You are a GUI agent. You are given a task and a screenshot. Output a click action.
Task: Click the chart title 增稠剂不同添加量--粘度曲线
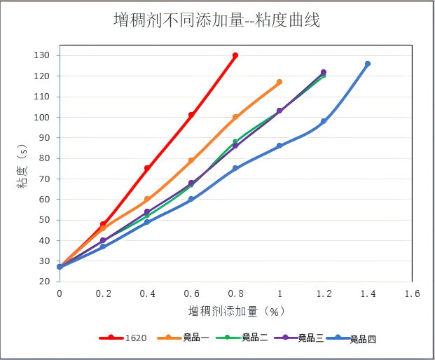tap(216, 20)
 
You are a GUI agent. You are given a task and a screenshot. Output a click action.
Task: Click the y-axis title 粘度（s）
tap(22, 169)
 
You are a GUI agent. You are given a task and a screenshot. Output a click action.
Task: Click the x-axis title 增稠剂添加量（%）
tap(236, 310)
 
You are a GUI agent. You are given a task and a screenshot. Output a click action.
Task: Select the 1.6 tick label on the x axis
tap(412, 293)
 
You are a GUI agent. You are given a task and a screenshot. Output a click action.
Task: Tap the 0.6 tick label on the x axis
tap(191, 293)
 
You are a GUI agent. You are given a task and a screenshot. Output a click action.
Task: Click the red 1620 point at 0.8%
tap(235, 55)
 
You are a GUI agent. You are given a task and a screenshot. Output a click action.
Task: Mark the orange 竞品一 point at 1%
tap(279, 82)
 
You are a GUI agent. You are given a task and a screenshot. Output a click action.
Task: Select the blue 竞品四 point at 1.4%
tap(368, 64)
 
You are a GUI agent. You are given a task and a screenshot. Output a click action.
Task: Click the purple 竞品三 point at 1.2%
tap(324, 72)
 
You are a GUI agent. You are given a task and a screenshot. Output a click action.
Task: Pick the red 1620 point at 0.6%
tap(191, 115)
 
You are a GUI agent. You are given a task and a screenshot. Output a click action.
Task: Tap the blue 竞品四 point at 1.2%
tap(324, 121)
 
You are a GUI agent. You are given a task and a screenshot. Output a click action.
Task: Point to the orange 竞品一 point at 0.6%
tap(191, 160)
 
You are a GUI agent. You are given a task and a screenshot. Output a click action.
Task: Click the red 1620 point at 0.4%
tap(147, 168)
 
